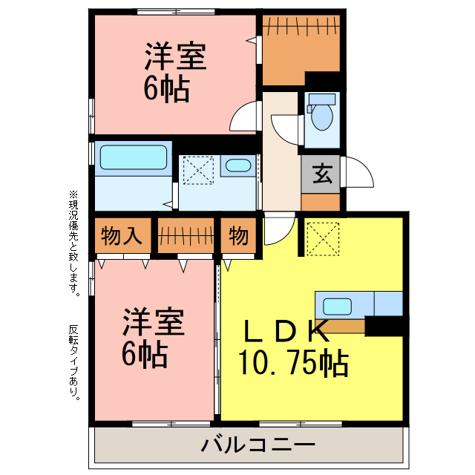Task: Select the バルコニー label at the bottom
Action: [x=258, y=446]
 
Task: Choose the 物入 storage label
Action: [x=122, y=237]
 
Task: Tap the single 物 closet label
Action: [x=238, y=237]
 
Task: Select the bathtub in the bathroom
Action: [x=134, y=157]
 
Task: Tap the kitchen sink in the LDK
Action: [x=338, y=304]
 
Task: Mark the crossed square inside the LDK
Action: [x=322, y=237]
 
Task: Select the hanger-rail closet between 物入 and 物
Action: [x=186, y=237]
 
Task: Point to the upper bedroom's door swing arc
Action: [x=244, y=118]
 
